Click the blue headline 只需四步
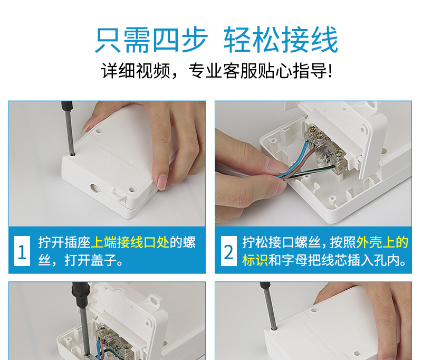click(151, 40)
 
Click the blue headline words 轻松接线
click(281, 40)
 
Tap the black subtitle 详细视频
click(136, 71)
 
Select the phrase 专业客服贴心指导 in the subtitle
click(260, 71)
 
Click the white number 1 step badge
click(22, 251)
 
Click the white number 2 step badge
click(229, 251)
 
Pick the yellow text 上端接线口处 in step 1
click(130, 242)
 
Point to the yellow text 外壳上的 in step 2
click(382, 242)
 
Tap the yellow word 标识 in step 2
click(255, 260)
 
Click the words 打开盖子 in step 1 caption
click(90, 260)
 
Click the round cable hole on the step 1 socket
click(94, 188)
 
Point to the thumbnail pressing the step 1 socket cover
click(162, 182)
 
